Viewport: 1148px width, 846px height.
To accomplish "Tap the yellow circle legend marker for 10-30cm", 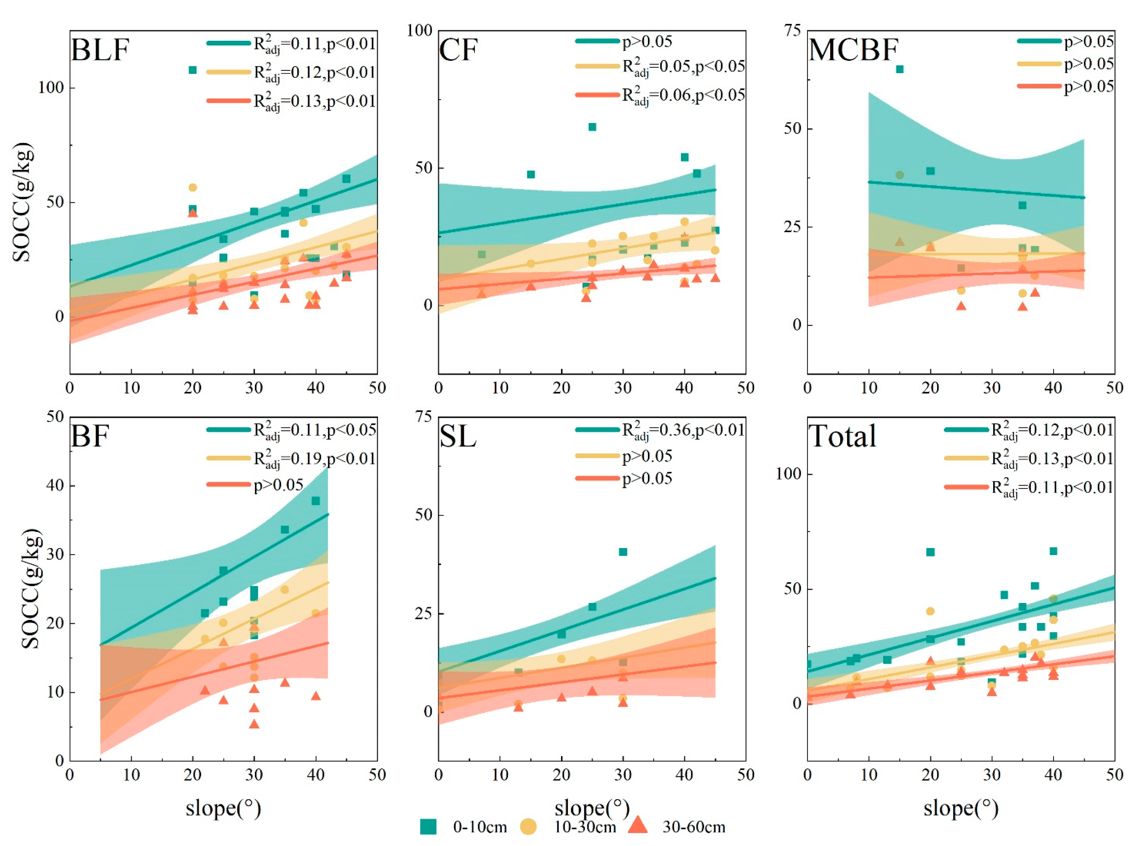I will [x=528, y=827].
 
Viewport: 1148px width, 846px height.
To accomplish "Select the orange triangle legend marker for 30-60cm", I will [x=638, y=825].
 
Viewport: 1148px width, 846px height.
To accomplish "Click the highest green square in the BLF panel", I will [x=193, y=70].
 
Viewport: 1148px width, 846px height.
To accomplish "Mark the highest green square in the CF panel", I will [x=592, y=127].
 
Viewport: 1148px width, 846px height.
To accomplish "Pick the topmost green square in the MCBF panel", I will [x=900, y=69].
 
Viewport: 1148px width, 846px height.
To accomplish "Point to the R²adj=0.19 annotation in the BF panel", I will [x=315, y=459].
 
